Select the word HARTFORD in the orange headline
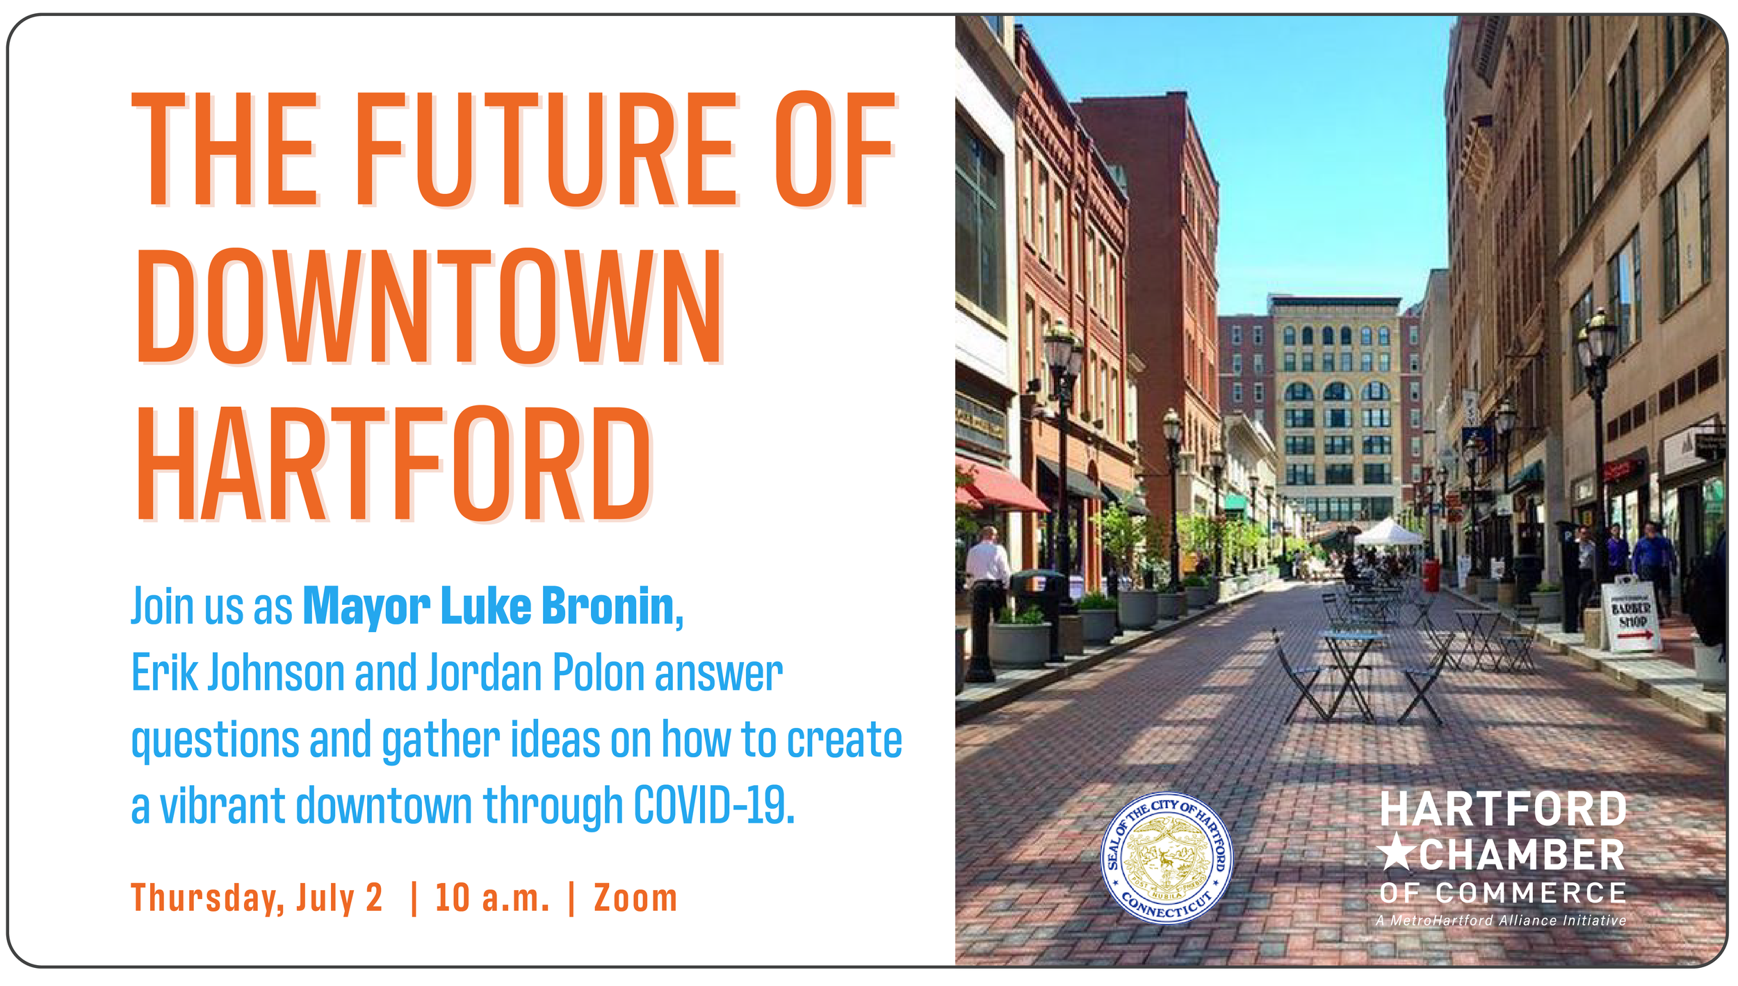pyautogui.click(x=394, y=464)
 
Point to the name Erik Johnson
pyautogui.click(x=238, y=673)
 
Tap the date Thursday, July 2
pyautogui.click(x=257, y=898)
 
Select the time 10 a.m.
pyautogui.click(x=492, y=898)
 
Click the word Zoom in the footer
pyautogui.click(x=635, y=898)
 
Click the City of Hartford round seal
pyautogui.click(x=1167, y=857)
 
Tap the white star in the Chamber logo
pyautogui.click(x=1396, y=853)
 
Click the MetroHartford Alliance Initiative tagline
pyautogui.click(x=1502, y=921)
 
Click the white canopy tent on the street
pyautogui.click(x=1388, y=534)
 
